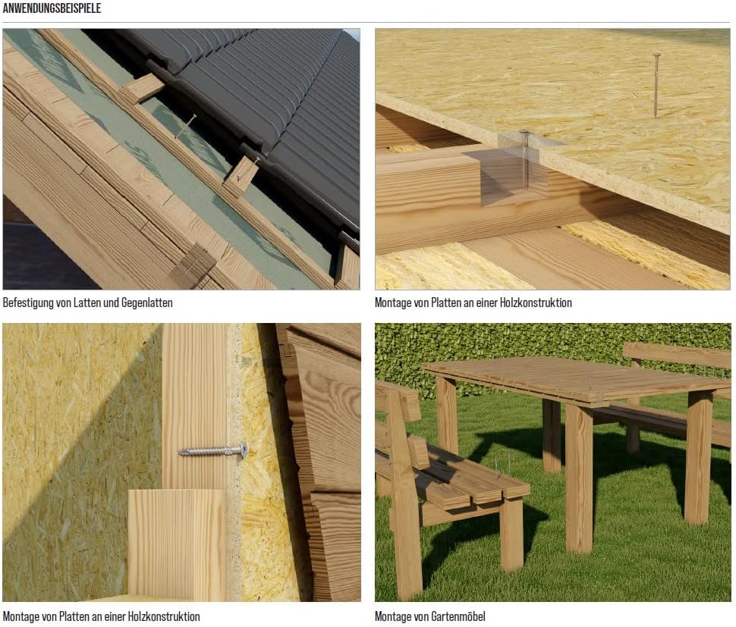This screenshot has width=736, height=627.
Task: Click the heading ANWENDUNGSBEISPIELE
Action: click(52, 8)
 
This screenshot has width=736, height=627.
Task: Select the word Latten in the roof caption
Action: click(88, 303)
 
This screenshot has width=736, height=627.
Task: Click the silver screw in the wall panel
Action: click(212, 451)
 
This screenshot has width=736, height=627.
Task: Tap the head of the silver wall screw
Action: click(243, 450)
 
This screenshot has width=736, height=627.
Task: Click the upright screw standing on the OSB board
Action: click(656, 85)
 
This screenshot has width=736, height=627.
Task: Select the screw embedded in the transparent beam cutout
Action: click(525, 159)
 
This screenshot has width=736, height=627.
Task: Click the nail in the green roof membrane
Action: click(186, 127)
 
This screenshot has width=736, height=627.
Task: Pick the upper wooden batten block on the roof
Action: click(142, 89)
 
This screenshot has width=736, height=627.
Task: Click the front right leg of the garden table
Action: click(579, 479)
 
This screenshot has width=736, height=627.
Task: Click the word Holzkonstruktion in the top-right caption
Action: click(536, 303)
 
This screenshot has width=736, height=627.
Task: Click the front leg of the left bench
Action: click(511, 535)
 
